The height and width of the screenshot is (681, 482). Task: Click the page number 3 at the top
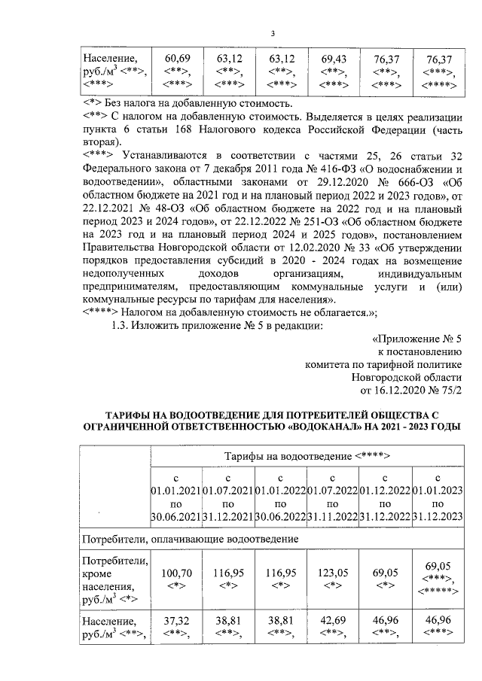click(x=273, y=33)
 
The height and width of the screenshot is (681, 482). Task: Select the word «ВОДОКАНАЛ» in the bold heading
click(x=334, y=426)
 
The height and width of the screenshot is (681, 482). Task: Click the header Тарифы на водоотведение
click(x=306, y=456)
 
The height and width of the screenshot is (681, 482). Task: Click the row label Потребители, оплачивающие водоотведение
click(x=191, y=540)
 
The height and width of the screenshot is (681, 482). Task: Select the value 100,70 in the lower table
click(x=178, y=573)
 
